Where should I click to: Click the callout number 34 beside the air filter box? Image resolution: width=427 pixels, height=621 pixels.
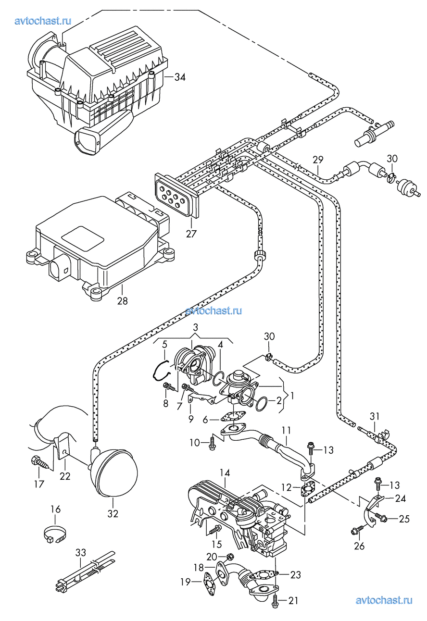pyautogui.click(x=180, y=77)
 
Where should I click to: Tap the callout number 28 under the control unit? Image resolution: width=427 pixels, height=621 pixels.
pyautogui.click(x=122, y=300)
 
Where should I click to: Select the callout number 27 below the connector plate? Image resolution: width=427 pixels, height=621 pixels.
pyautogui.click(x=191, y=234)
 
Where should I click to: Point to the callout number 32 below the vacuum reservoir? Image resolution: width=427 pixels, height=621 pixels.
pyautogui.click(x=113, y=513)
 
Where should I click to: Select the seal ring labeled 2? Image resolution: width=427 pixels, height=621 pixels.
pyautogui.click(x=262, y=405)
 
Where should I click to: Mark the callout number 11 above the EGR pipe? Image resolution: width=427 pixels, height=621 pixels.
pyautogui.click(x=286, y=430)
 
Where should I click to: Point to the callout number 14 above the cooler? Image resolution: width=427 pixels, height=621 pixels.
pyautogui.click(x=225, y=472)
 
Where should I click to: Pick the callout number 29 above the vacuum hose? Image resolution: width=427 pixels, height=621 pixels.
pyautogui.click(x=318, y=160)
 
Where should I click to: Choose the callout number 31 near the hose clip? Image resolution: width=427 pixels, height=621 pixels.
pyautogui.click(x=374, y=416)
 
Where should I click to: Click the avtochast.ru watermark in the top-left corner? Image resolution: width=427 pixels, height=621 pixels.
pyautogui.click(x=43, y=21)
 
